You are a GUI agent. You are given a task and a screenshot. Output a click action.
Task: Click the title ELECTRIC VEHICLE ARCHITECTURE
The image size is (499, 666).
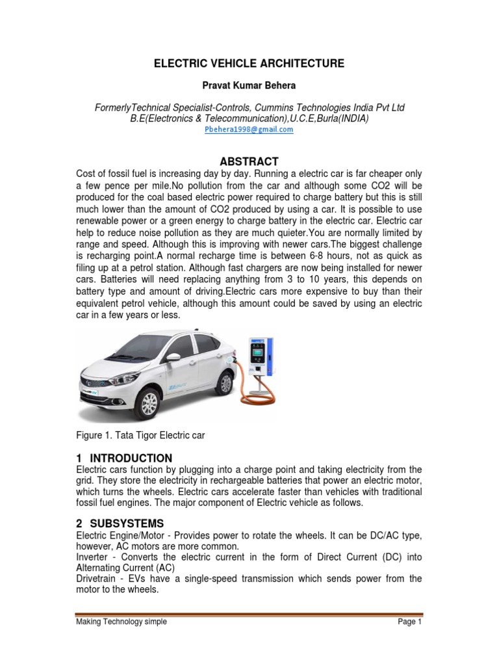click(x=249, y=63)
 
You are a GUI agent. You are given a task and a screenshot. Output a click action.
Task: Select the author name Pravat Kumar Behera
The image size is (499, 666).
click(x=249, y=86)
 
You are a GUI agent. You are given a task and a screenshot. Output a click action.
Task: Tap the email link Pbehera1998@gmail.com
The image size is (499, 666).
click(x=249, y=129)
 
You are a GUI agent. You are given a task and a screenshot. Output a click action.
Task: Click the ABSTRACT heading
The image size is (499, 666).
click(x=249, y=161)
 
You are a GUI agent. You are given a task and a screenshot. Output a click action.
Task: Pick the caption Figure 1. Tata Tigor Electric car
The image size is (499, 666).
click(x=140, y=435)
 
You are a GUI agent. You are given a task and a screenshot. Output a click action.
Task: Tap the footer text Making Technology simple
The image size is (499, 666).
click(x=121, y=622)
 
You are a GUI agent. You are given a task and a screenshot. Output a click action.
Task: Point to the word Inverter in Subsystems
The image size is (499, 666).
click(x=92, y=557)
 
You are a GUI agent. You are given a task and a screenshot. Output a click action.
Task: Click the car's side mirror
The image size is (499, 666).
click(x=173, y=357)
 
